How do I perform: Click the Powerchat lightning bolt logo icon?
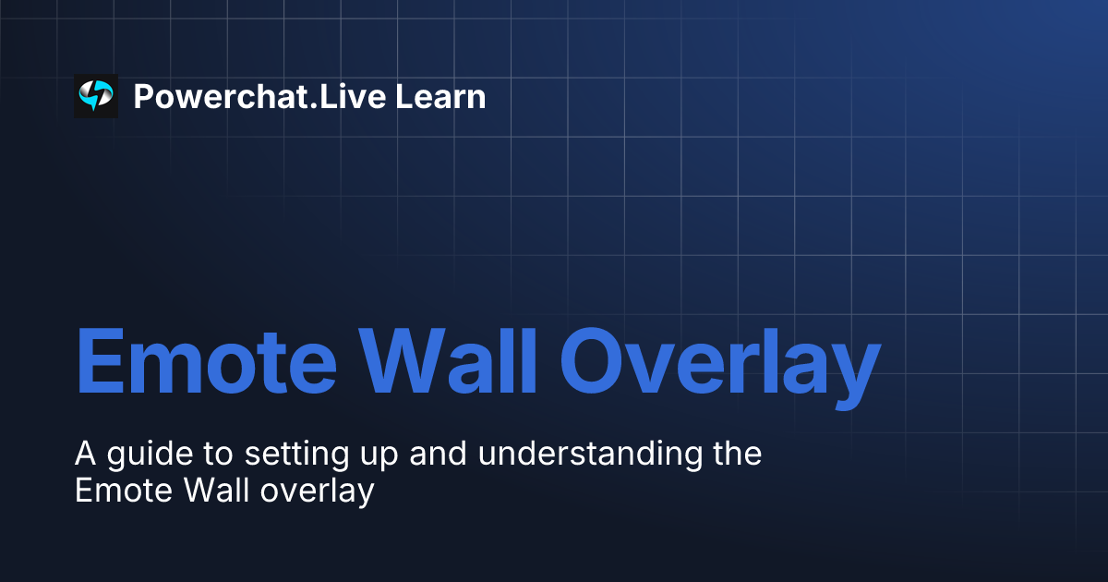pos(96,96)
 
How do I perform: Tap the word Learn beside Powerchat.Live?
pos(440,96)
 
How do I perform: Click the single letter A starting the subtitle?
pos(85,455)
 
